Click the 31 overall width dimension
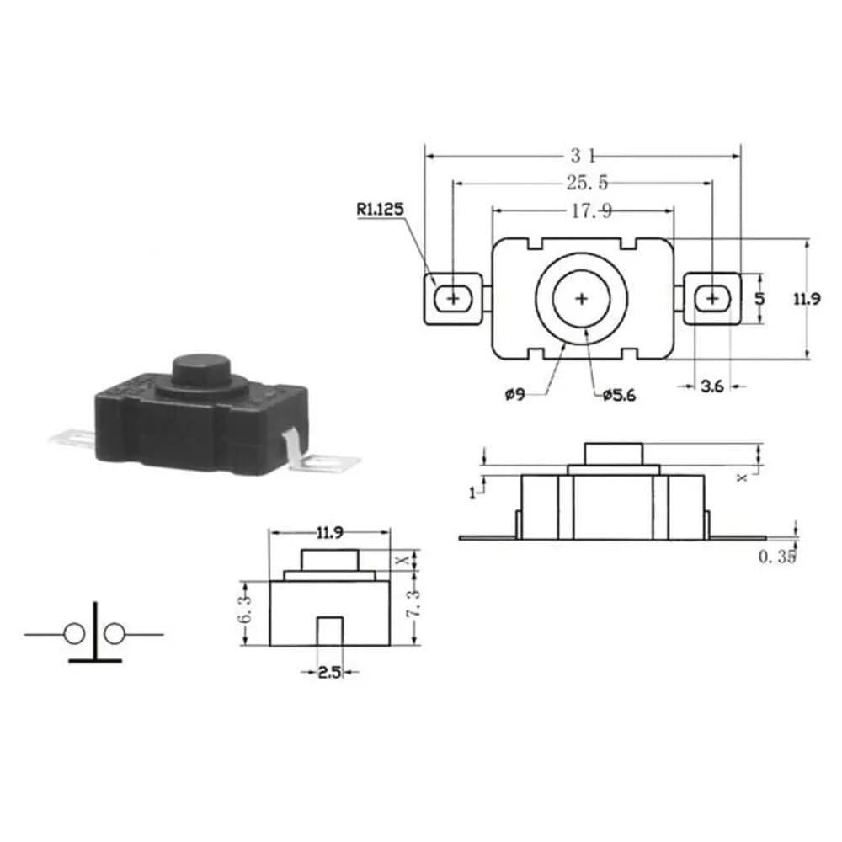(583, 155)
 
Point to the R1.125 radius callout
(380, 209)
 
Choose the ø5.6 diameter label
(619, 395)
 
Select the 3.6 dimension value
(712, 386)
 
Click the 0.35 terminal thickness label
(776, 557)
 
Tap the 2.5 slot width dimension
(328, 672)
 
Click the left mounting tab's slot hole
(454, 298)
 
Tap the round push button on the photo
(201, 370)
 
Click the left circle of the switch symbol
(74, 633)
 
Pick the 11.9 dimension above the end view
(330, 532)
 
